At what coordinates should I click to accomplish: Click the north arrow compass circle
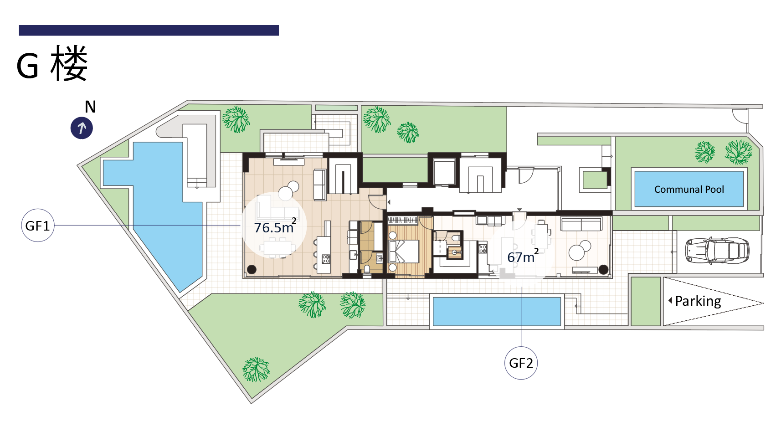pyautogui.click(x=82, y=128)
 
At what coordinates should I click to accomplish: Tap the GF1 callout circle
pyautogui.click(x=38, y=225)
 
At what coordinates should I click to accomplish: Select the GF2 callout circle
pyautogui.click(x=521, y=363)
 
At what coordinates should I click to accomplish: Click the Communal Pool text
pyautogui.click(x=689, y=189)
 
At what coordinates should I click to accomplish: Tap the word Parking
pyautogui.click(x=698, y=301)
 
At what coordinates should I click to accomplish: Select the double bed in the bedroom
pyautogui.click(x=404, y=251)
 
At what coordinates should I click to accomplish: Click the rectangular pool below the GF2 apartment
pyautogui.click(x=497, y=311)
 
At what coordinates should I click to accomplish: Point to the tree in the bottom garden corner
pyautogui.click(x=256, y=370)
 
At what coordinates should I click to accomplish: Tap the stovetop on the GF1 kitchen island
pyautogui.click(x=326, y=258)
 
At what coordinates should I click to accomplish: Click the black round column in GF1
pyautogui.click(x=252, y=269)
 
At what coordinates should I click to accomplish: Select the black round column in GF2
pyautogui.click(x=603, y=269)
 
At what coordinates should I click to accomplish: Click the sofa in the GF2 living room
pyautogui.click(x=581, y=224)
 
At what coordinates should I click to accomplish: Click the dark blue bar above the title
pyautogui.click(x=149, y=30)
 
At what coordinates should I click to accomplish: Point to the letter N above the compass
pyautogui.click(x=90, y=107)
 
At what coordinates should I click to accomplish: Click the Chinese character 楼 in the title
pyautogui.click(x=69, y=63)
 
